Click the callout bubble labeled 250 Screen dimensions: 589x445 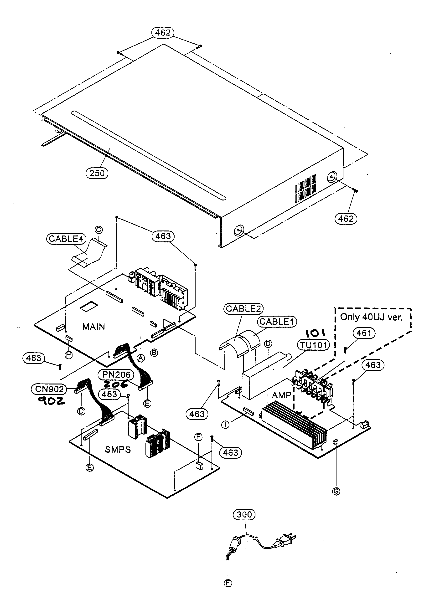coord(97,173)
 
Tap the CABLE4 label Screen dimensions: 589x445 coord(66,238)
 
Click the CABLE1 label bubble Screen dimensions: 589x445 coord(277,321)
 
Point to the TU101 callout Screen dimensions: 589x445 coord(313,345)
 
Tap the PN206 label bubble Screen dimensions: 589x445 coord(116,375)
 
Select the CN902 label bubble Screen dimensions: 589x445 coord(50,389)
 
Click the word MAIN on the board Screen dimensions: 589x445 coord(93,327)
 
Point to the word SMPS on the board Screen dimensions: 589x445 coord(118,450)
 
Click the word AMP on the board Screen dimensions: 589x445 coord(281,395)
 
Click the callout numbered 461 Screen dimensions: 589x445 coord(364,333)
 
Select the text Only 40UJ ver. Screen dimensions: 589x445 coord(371,317)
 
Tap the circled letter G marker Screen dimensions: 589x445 coord(336,491)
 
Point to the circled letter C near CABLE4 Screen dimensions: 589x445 coord(98,230)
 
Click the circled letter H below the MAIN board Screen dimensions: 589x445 coord(69,355)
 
